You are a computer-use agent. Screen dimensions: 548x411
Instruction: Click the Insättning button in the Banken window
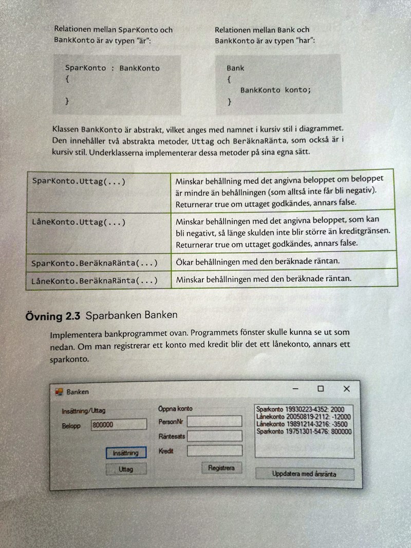click(126, 453)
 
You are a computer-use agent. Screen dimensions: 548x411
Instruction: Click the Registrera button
click(221, 468)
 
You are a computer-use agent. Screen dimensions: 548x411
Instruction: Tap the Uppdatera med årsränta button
click(304, 474)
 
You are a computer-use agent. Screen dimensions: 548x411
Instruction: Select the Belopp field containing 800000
click(119, 425)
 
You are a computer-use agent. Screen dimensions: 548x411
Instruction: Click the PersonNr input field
click(214, 422)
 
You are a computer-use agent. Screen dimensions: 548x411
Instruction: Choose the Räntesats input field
click(214, 436)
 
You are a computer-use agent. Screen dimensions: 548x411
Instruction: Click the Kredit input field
click(214, 451)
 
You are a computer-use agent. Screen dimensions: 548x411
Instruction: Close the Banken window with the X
click(347, 389)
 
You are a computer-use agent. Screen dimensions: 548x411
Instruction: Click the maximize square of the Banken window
click(321, 389)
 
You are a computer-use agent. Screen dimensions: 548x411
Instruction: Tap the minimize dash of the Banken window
click(295, 389)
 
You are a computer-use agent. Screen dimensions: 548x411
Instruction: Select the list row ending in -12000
click(304, 417)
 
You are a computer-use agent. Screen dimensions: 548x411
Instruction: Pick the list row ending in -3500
click(302, 424)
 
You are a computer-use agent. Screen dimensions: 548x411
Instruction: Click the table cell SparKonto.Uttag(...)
click(78, 181)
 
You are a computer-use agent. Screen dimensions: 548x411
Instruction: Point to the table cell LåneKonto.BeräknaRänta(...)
click(94, 281)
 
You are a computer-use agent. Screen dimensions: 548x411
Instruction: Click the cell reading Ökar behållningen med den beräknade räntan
click(257, 262)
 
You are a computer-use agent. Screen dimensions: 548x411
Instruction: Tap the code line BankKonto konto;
click(275, 90)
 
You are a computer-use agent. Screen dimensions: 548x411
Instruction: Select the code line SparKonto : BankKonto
click(112, 68)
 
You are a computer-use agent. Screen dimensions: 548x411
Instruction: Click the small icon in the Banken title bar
click(59, 391)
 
